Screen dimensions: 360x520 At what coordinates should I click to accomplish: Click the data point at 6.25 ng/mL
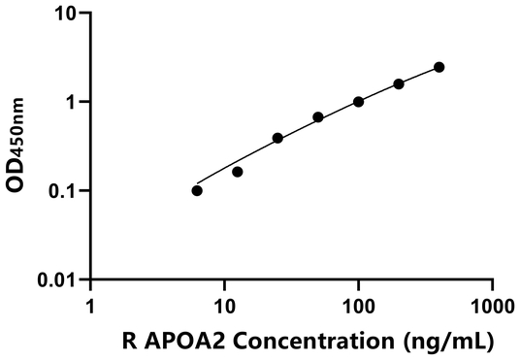click(x=197, y=190)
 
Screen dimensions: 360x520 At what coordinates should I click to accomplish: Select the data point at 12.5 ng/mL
click(x=238, y=172)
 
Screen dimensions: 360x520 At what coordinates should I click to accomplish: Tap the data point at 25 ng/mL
click(x=277, y=138)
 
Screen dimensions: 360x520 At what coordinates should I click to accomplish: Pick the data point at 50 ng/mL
click(x=318, y=117)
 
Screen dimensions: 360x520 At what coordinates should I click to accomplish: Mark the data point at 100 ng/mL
click(x=359, y=102)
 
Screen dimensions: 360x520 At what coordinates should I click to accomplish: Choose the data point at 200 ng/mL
click(x=399, y=84)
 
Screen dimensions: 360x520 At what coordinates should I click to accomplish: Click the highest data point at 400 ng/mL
click(x=439, y=67)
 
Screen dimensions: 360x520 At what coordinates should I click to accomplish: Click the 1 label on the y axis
click(x=74, y=102)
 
